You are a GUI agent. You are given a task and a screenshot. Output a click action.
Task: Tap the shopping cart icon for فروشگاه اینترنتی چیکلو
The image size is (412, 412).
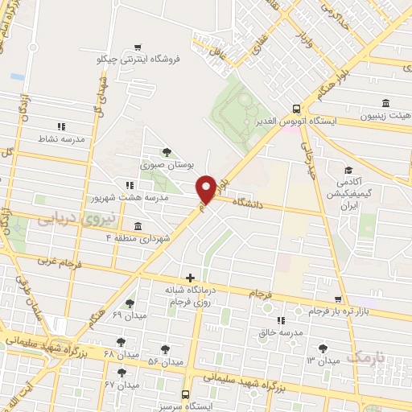(140, 47)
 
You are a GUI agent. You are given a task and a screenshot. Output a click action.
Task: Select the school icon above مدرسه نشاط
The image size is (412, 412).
(61, 126)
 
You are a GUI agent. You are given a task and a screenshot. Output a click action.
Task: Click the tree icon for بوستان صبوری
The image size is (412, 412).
(167, 151)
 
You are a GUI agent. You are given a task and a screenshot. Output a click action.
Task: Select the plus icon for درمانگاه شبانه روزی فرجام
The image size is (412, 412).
(190, 278)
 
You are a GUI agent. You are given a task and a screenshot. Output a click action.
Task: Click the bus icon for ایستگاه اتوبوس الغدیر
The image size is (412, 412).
(297, 109)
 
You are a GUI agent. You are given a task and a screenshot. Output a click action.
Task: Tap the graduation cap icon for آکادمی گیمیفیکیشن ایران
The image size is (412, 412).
(348, 171)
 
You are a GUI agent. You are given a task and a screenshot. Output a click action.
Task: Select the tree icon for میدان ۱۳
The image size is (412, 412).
(323, 348)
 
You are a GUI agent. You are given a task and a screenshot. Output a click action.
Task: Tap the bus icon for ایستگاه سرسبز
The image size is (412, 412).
(186, 395)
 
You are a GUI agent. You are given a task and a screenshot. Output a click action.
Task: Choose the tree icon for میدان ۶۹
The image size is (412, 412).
(130, 304)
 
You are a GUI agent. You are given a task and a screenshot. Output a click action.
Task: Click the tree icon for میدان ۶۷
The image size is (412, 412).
(122, 373)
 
